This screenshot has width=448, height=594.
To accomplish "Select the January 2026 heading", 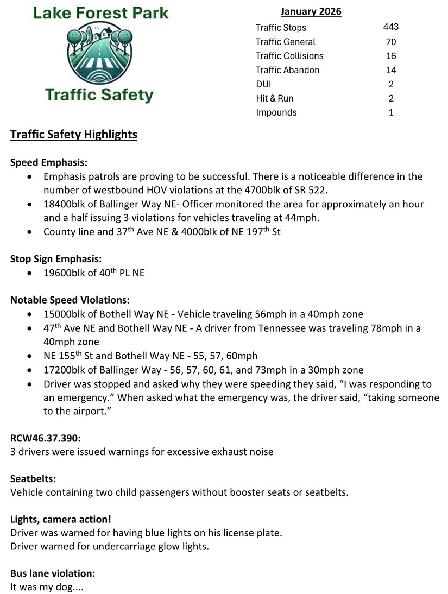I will (x=311, y=11).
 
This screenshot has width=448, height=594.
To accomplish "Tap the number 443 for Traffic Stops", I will (x=391, y=27).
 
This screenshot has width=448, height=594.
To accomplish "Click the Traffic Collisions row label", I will (x=289, y=56).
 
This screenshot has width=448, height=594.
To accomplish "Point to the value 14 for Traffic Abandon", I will (x=391, y=70).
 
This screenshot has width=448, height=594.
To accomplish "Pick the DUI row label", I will (x=263, y=84).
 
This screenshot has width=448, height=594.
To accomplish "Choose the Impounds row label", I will (x=276, y=112).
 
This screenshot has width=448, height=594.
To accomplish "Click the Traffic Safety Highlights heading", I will (x=74, y=135).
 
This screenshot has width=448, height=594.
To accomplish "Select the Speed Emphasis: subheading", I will (x=49, y=162).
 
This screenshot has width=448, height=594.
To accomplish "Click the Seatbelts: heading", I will (x=33, y=479).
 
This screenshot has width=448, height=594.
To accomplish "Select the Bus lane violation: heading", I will (x=53, y=573).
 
